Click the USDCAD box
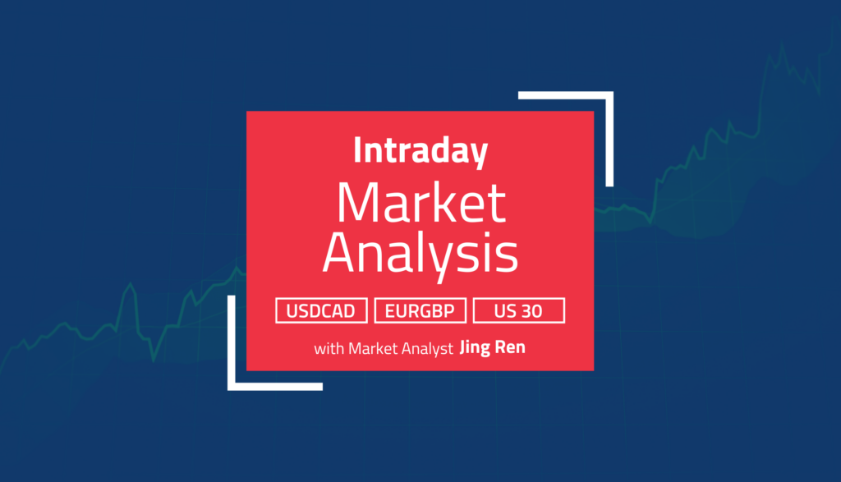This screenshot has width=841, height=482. (x=322, y=310)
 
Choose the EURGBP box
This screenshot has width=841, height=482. (x=420, y=310)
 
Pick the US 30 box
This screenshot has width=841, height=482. (x=519, y=310)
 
